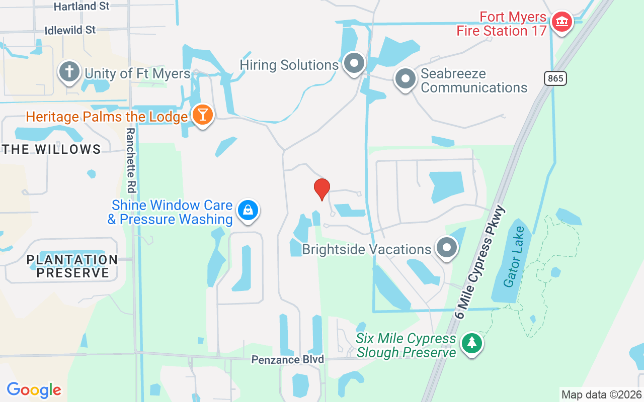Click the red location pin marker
322,189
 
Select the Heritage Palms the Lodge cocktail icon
202,116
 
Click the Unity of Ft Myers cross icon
69,72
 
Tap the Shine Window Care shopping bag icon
248,211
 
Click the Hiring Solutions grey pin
354,64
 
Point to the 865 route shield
555,78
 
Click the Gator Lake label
515,257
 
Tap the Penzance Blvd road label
287,360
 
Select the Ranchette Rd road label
131,160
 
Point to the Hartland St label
81,7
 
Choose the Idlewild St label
70,30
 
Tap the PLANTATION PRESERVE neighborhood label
72,266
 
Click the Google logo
34,390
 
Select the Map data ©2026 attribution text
601,395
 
